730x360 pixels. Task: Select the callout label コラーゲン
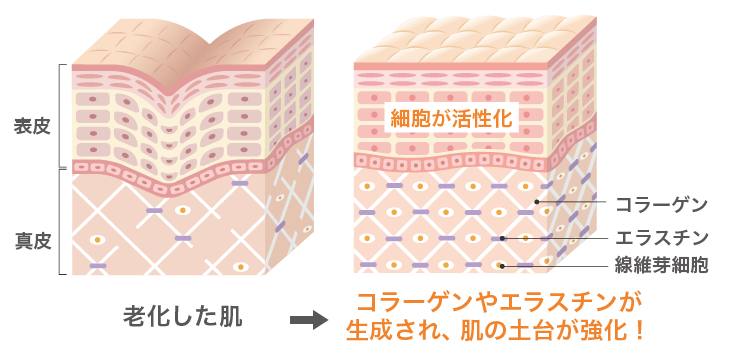(x=662, y=205)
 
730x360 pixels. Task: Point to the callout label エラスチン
(x=662, y=238)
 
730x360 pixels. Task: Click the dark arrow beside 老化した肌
(x=309, y=320)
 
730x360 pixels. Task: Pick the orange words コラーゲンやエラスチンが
(x=497, y=301)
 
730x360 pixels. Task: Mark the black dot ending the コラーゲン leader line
(x=537, y=202)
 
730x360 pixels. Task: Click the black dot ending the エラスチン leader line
(x=503, y=238)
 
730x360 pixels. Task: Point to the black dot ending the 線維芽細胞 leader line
(x=503, y=266)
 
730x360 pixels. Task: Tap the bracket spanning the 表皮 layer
(x=64, y=115)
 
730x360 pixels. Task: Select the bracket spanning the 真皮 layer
(x=64, y=222)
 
